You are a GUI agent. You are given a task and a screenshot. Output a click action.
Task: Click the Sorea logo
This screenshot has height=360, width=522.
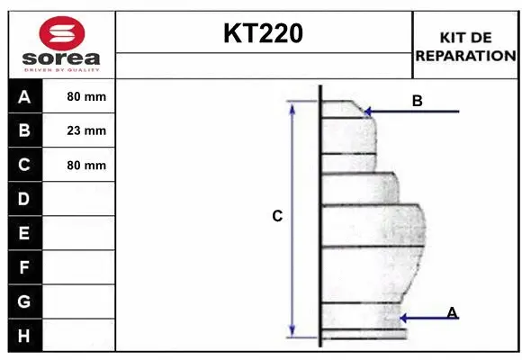[x=61, y=43]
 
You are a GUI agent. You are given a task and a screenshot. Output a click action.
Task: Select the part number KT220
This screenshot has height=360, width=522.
[x=263, y=34]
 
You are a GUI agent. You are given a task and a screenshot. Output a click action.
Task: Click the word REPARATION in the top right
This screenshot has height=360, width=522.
[x=465, y=55]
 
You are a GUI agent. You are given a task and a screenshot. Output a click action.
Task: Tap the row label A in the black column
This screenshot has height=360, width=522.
[x=24, y=96]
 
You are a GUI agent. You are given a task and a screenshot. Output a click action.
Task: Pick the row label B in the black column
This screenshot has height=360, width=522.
[x=24, y=130]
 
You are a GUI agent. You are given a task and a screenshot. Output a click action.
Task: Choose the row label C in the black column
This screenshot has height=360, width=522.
[x=24, y=165]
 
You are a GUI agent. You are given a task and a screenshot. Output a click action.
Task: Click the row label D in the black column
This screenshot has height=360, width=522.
[x=24, y=199]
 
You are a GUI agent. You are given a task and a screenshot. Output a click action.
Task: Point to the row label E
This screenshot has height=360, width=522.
[x=24, y=233]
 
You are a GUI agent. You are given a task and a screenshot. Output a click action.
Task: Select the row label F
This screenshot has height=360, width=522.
[x=24, y=267]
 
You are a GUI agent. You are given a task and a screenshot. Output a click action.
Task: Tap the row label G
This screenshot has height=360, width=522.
[x=24, y=301]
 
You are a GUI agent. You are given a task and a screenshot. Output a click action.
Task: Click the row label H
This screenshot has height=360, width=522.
[x=24, y=336]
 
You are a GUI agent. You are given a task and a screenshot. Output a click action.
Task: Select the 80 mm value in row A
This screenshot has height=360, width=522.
[x=86, y=96]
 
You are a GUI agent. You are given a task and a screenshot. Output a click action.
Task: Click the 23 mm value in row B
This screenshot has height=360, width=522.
[x=86, y=130]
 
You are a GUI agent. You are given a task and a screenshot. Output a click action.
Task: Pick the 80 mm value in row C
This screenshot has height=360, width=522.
[x=86, y=166]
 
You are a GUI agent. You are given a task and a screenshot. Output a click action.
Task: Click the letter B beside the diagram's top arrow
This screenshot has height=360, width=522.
[x=417, y=101]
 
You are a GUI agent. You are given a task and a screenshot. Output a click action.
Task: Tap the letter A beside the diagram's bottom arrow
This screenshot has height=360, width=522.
[x=452, y=312]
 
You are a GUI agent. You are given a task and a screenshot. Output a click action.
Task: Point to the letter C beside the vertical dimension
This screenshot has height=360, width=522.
[x=277, y=216]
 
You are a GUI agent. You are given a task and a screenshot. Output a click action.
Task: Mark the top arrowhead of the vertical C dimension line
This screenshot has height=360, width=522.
[x=292, y=106]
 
